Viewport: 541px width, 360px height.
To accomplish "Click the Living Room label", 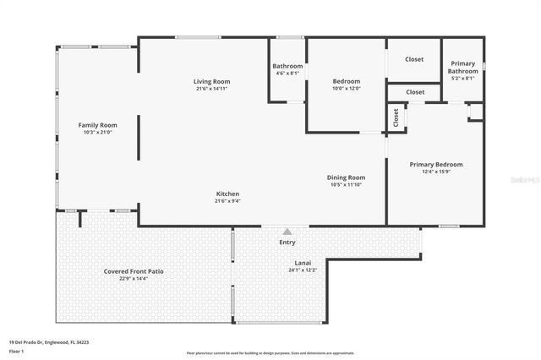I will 212,81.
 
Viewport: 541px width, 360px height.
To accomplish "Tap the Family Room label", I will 97,124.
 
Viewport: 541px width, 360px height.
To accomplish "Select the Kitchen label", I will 227,194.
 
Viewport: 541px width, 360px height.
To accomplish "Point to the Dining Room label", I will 347,177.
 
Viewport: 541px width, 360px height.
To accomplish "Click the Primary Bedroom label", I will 436,164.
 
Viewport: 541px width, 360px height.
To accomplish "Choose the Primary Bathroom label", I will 463,68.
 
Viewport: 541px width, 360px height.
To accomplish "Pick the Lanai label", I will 303,263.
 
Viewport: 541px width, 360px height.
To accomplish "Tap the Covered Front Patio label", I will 134,271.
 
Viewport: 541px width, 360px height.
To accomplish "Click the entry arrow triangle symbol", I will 287,231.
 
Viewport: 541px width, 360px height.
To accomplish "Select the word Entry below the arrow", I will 287,243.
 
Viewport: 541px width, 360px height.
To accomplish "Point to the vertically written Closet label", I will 396,118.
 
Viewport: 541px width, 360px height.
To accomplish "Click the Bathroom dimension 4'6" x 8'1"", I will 287,74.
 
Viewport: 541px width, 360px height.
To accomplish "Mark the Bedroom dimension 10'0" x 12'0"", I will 347,89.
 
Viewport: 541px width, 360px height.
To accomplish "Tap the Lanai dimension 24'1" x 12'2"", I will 303,270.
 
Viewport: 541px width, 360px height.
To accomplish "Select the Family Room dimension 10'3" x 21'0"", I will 97,132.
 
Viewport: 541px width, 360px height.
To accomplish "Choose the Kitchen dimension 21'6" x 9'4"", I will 227,201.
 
